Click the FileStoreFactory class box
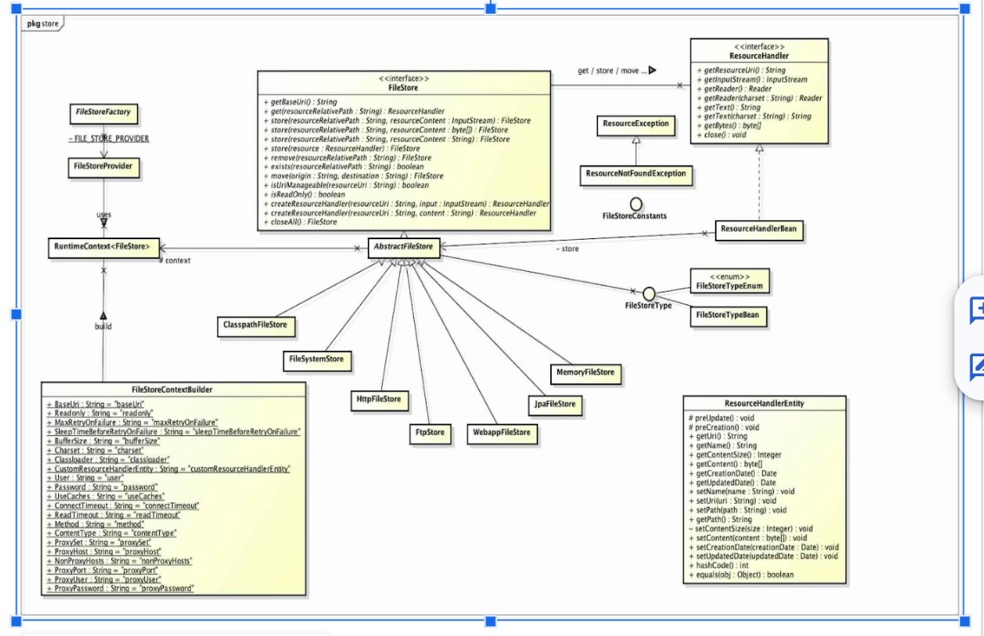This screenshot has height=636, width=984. [103, 113]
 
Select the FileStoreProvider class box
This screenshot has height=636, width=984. [103, 167]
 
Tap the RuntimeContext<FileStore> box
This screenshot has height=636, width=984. [103, 247]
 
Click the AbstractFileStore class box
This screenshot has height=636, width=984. [404, 247]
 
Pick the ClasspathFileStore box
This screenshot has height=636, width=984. [255, 325]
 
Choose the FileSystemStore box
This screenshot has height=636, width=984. [317, 359]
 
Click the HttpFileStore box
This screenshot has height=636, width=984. [378, 398]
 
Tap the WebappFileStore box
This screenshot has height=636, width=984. [501, 433]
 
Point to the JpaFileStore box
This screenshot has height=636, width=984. [554, 404]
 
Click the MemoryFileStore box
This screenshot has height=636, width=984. [585, 372]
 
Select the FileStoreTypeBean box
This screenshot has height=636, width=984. [727, 316]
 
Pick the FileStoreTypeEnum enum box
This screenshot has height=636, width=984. [729, 281]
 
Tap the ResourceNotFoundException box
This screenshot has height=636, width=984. [635, 174]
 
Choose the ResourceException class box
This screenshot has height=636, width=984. [635, 124]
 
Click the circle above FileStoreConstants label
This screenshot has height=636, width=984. [635, 204]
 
